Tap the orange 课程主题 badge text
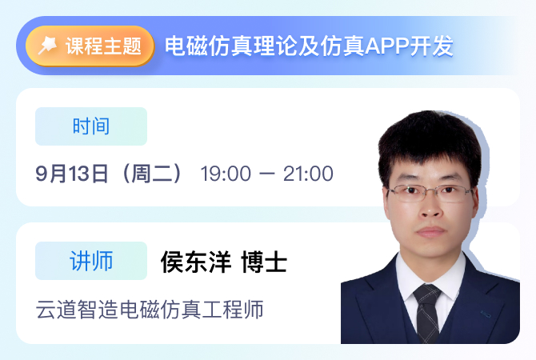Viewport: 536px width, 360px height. click(103, 46)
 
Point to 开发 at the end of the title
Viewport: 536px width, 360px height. click(432, 46)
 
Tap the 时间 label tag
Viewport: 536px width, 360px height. click(91, 126)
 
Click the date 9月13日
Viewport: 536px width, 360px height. click(72, 174)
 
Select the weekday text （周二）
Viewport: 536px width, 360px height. click(153, 174)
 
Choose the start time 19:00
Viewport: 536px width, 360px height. click(226, 174)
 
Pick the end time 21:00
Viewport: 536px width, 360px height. click(308, 174)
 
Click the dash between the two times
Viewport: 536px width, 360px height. click(267, 174)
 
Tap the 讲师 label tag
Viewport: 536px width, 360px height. click(91, 261)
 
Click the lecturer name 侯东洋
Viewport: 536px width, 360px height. click(196, 262)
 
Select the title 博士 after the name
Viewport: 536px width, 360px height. click(264, 262)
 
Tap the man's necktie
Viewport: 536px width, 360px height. click(427, 313)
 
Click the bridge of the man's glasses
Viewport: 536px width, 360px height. click(431, 190)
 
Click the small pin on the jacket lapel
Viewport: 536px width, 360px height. click(486, 313)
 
